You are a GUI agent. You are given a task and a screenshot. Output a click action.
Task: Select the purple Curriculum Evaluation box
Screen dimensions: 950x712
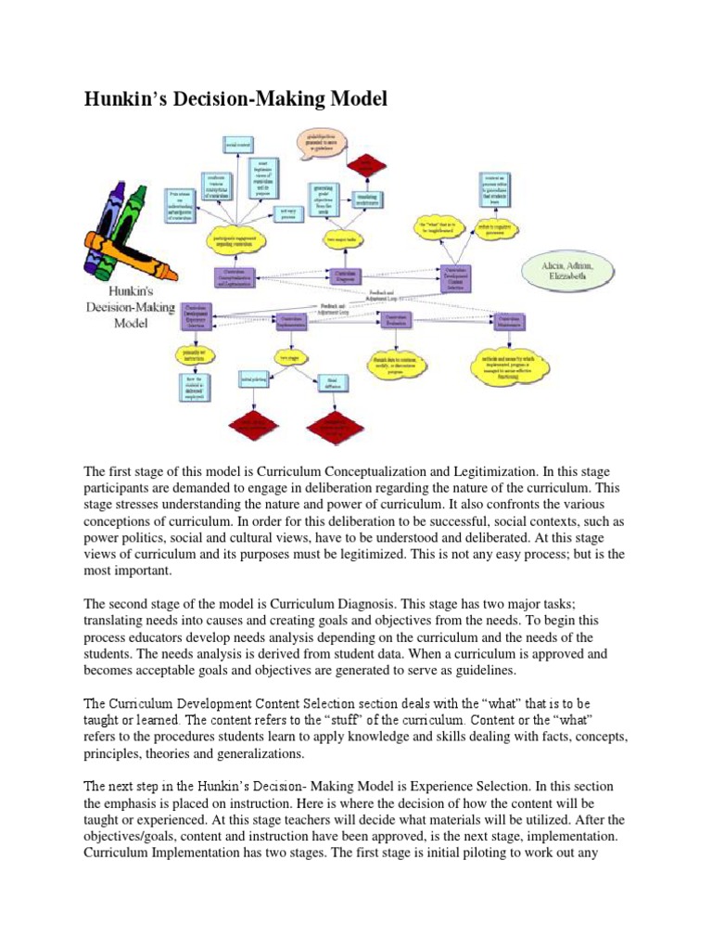click(x=395, y=320)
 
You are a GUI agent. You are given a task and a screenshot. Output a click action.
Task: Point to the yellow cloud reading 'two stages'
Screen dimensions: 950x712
click(x=288, y=356)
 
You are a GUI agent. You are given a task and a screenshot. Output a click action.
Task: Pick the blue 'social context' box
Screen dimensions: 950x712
click(x=237, y=144)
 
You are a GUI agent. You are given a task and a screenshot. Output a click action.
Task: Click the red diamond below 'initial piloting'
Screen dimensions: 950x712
click(x=252, y=426)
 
